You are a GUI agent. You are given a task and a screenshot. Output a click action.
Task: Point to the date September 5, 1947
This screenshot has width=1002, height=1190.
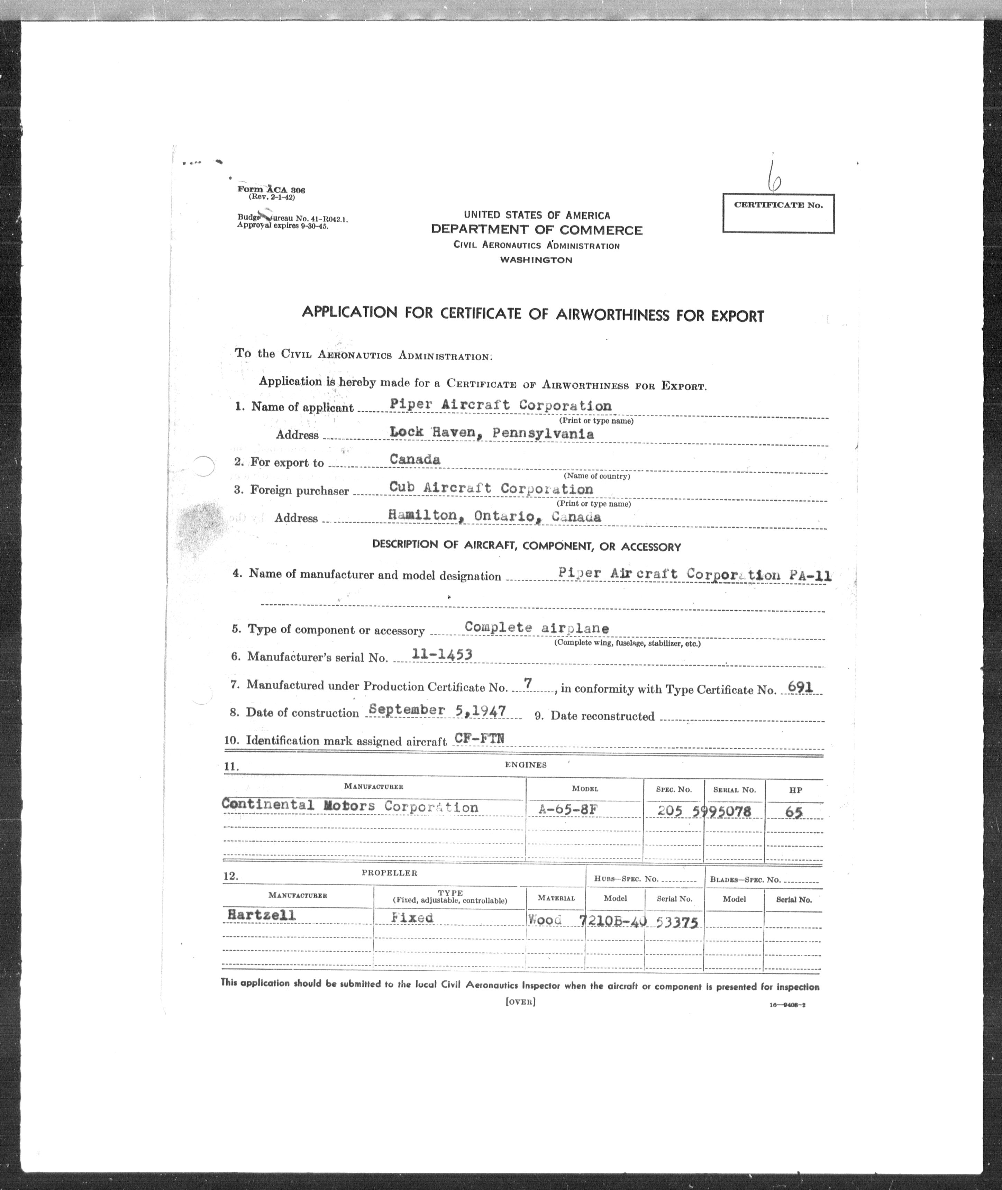click(x=437, y=710)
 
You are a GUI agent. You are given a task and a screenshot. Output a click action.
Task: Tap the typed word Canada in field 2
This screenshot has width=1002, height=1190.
click(x=415, y=459)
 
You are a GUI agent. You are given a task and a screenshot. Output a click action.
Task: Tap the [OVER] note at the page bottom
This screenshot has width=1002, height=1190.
click(x=520, y=1001)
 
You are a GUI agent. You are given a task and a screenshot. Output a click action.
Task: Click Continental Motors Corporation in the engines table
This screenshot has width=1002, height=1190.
click(x=350, y=806)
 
